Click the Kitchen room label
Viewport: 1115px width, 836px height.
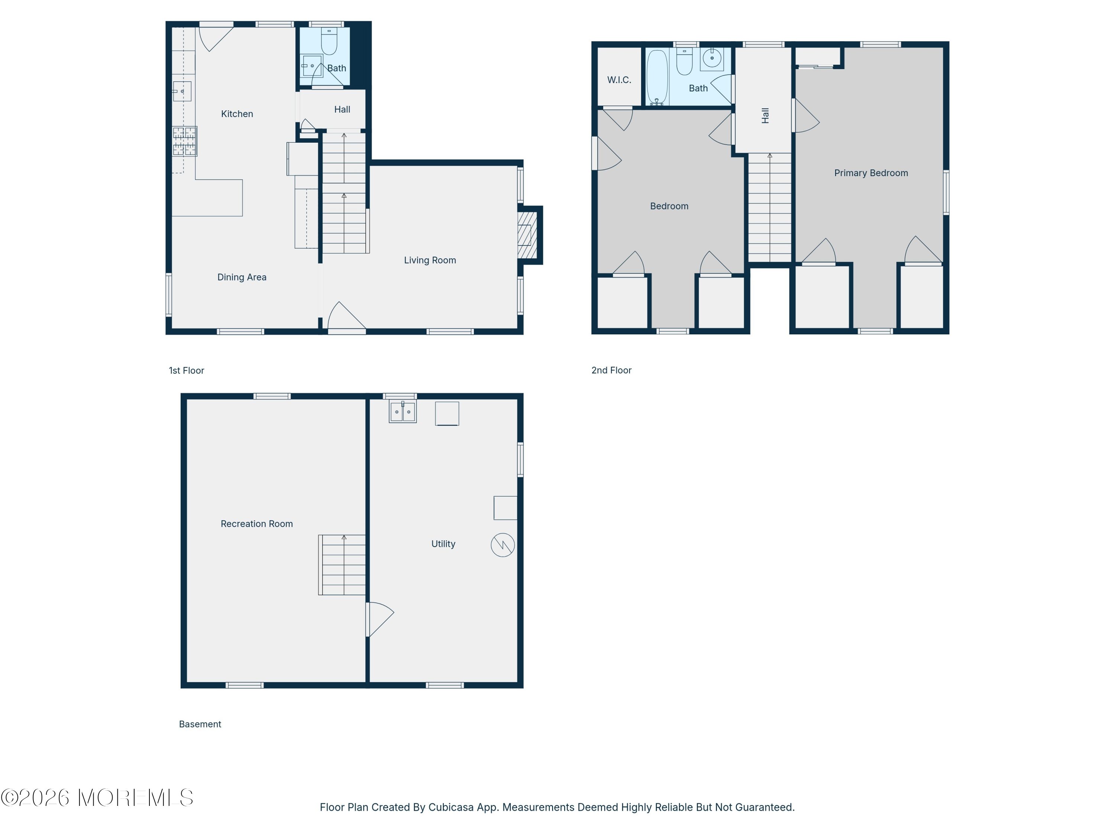[x=237, y=114]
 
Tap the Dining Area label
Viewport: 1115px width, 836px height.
[x=242, y=277]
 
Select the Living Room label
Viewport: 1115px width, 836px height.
[x=430, y=260]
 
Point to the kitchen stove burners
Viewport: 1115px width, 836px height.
[x=184, y=141]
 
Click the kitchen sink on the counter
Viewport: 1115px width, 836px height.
[x=182, y=91]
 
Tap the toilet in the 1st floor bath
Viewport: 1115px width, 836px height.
[x=329, y=41]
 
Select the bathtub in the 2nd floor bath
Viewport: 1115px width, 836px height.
[x=657, y=77]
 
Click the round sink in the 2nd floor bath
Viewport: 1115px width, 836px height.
[x=712, y=58]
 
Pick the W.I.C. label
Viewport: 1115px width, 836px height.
[x=619, y=80]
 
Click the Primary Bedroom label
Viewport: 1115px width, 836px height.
[x=871, y=173]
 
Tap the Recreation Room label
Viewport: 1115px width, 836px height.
[x=256, y=524]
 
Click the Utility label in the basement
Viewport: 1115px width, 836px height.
[x=443, y=544]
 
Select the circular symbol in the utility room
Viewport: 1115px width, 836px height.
[x=502, y=545]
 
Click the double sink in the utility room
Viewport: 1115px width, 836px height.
[x=403, y=412]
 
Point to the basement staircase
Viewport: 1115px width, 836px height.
[x=342, y=565]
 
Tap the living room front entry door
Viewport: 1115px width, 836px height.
[x=347, y=317]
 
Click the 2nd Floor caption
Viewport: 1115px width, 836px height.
[x=611, y=370]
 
